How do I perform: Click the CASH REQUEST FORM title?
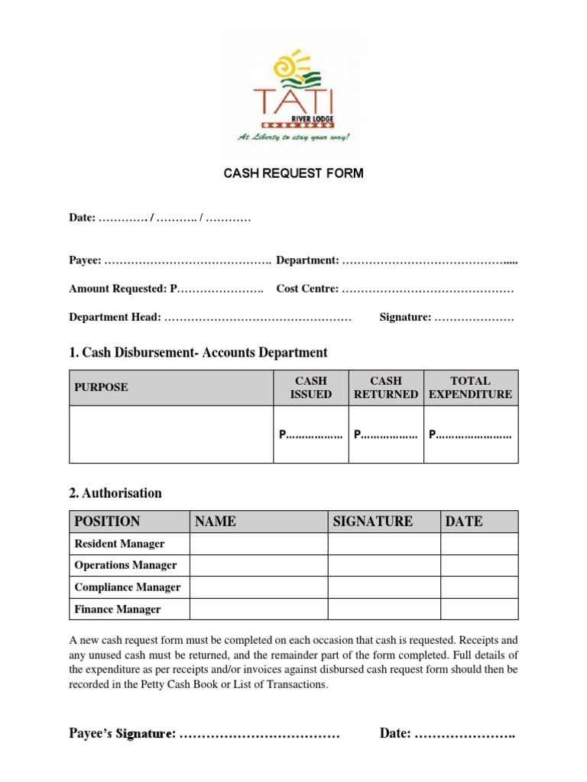[x=293, y=173]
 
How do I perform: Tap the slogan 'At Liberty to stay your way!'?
[x=293, y=138]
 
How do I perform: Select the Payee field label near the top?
[x=85, y=261]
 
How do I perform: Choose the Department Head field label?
[x=115, y=317]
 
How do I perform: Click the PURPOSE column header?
[x=101, y=387]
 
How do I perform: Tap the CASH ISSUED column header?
[x=311, y=387]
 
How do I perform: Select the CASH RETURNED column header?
[x=386, y=387]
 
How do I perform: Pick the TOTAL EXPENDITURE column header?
[x=471, y=387]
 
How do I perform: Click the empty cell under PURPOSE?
[x=171, y=434]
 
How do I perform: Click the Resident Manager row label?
[x=119, y=544]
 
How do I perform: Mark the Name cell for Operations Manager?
[x=258, y=566]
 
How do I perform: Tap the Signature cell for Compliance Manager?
[x=384, y=587]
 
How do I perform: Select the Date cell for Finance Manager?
[x=479, y=609]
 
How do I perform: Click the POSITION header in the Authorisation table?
[x=107, y=522]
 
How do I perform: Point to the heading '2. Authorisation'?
[x=115, y=493]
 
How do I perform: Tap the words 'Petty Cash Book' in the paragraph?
[x=217, y=684]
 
